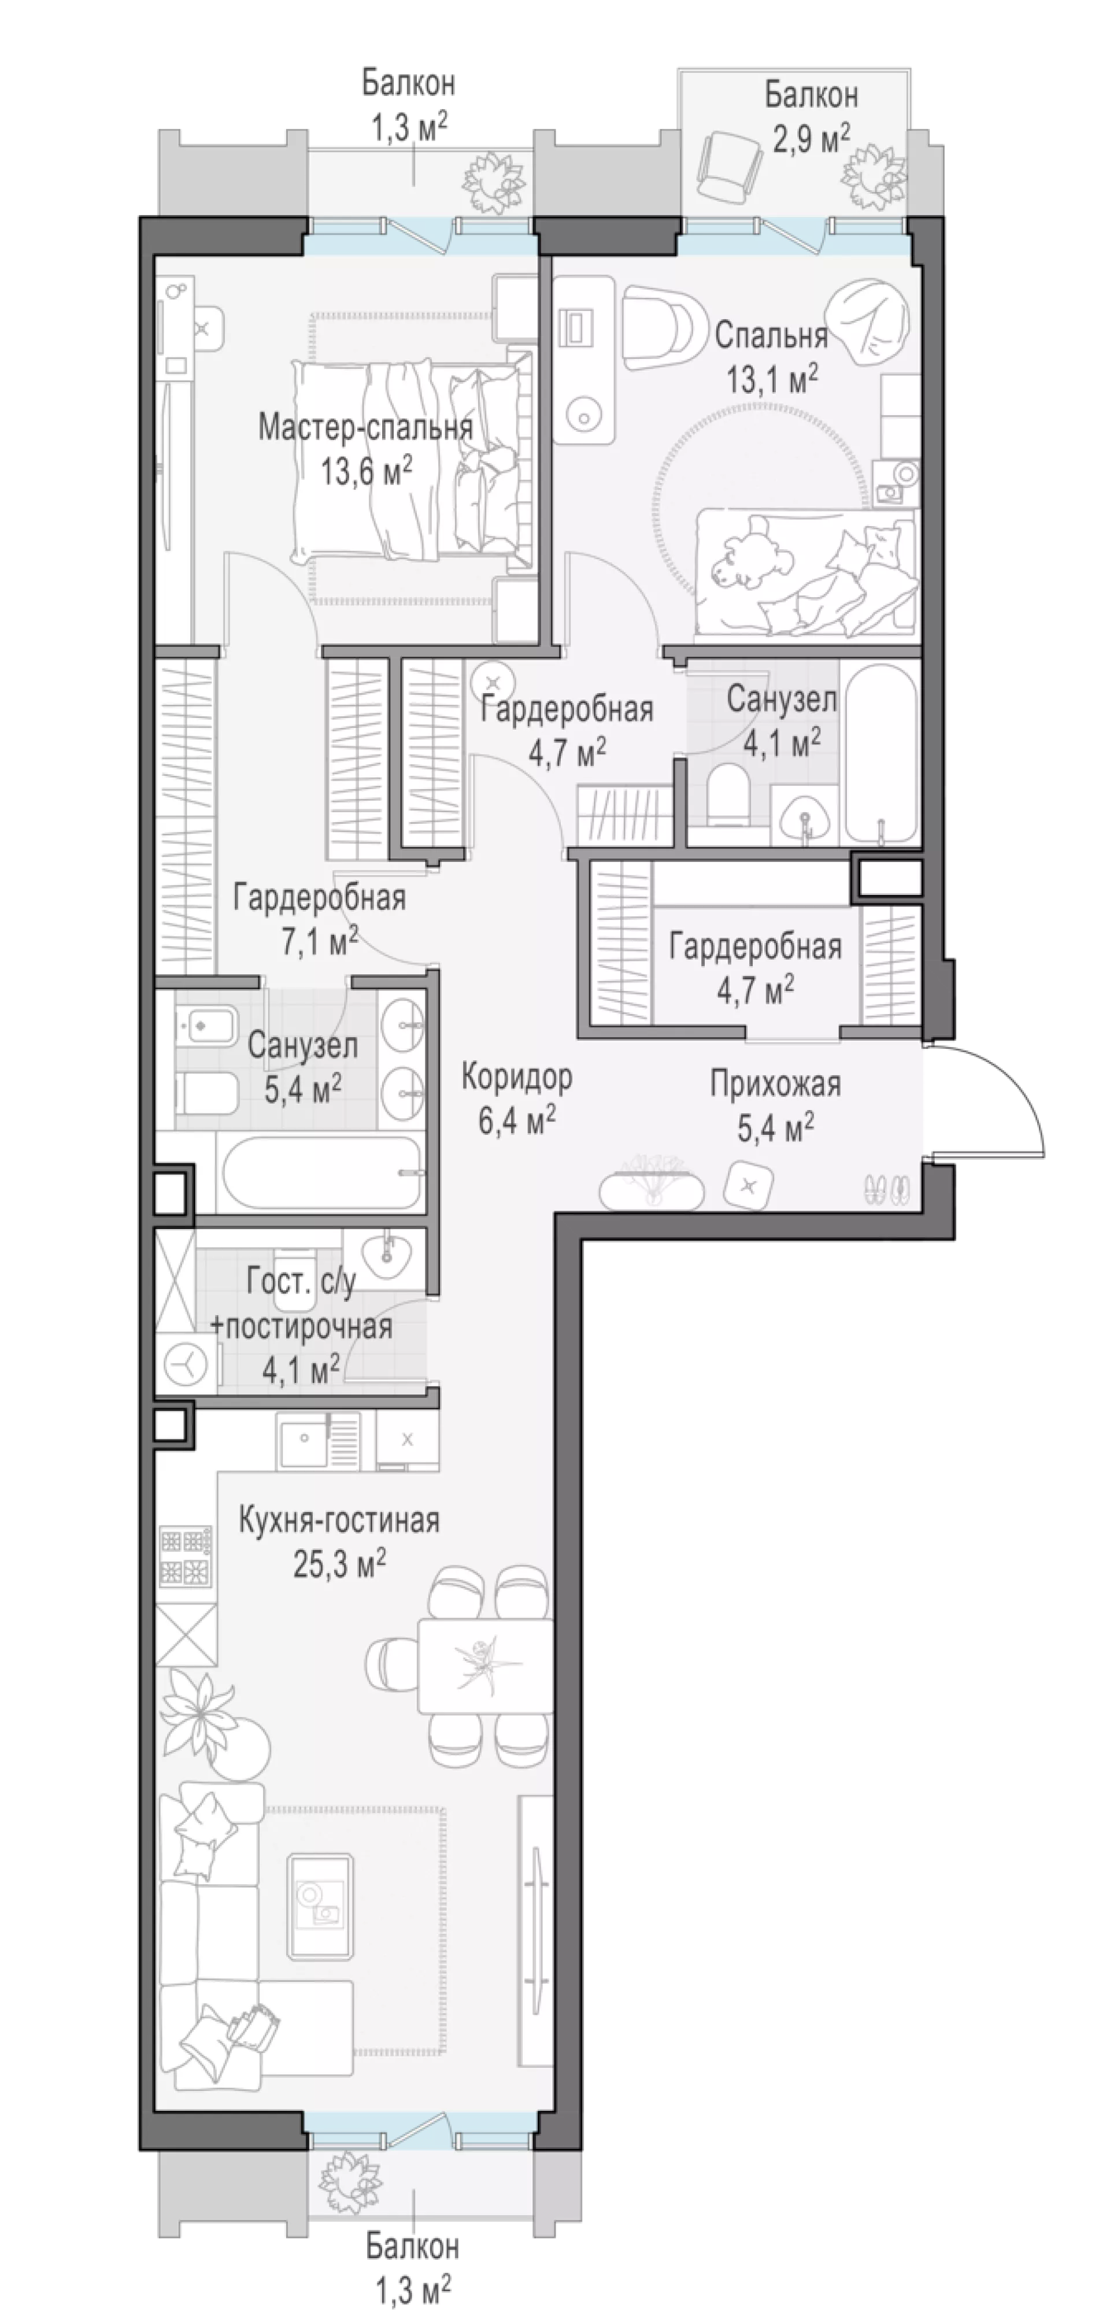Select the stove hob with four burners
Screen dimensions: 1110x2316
tap(186, 1558)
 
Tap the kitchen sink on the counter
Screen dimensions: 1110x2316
tap(306, 1440)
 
